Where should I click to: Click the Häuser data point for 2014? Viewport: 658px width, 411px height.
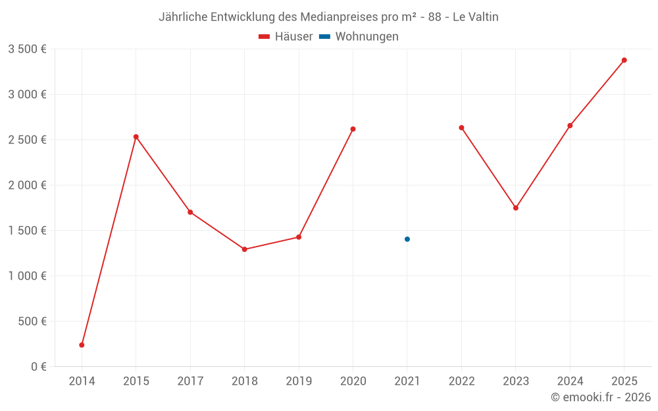(82, 345)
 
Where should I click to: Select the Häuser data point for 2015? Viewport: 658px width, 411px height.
(136, 137)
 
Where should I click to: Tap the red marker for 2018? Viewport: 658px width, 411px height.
(244, 249)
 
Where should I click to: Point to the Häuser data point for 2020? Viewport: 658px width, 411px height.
(353, 129)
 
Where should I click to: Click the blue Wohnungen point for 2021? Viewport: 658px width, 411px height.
(407, 239)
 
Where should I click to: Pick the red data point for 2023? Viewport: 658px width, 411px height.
(516, 208)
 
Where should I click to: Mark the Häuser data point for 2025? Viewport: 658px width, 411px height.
(624, 60)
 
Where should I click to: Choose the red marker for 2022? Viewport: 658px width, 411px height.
(461, 128)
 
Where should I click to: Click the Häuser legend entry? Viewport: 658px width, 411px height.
(286, 37)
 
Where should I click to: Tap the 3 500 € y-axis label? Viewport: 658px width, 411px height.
(27, 49)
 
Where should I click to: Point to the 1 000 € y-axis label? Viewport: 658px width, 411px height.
(27, 276)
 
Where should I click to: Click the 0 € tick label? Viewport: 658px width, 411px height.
(38, 367)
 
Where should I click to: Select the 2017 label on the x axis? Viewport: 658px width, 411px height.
(190, 381)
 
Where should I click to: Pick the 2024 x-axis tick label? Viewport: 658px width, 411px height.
(570, 381)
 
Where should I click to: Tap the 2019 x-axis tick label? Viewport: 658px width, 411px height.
(299, 381)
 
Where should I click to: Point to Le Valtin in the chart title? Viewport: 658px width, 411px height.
(475, 17)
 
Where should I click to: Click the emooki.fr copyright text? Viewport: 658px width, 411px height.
(601, 397)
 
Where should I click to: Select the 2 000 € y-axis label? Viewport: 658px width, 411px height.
(27, 185)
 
